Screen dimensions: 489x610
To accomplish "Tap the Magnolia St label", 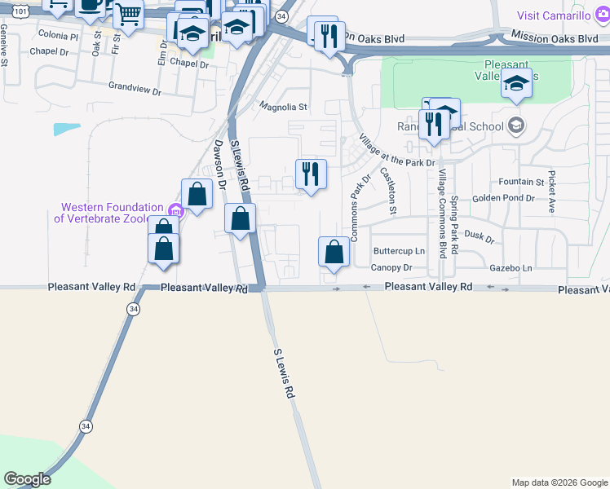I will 283,106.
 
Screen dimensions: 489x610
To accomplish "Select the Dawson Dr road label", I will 219,163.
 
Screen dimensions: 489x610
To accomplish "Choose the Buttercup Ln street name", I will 399,251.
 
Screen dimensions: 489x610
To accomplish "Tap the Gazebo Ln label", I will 511,267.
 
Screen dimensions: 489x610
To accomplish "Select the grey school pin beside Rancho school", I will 515,125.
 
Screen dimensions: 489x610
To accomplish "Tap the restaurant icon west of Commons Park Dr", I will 311,174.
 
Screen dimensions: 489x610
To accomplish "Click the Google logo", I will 27,479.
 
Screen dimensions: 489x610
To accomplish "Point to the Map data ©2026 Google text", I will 559,482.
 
